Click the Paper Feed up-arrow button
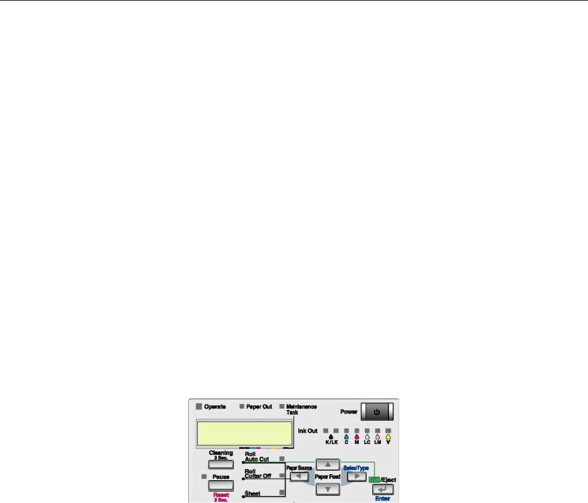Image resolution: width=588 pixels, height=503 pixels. coord(328,464)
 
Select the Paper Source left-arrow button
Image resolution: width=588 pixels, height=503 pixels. coord(298,477)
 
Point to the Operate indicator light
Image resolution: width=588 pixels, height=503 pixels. coord(197,406)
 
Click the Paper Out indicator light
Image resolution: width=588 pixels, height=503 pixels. coord(242,406)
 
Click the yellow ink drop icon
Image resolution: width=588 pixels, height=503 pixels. coord(388,438)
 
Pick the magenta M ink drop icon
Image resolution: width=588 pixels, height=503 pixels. coord(357,438)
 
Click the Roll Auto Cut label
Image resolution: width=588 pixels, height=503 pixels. coord(256,456)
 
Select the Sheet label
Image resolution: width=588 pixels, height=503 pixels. coord(253,493)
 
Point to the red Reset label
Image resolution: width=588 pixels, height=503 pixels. coord(221,496)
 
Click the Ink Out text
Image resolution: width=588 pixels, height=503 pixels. coord(308,431)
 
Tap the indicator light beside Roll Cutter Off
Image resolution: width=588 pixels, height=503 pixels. coord(281,475)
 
